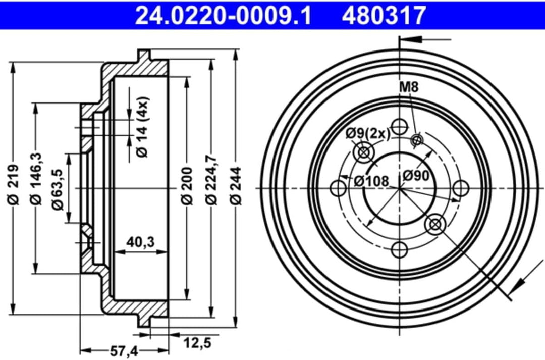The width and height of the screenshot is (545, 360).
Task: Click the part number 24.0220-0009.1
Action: point(223,15)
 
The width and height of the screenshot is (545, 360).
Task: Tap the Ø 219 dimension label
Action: point(14,185)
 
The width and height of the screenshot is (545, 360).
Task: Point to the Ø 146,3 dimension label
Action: point(36,180)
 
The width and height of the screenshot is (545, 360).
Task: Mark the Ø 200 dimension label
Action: point(187,185)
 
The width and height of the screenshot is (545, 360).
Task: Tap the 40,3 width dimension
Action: point(141,242)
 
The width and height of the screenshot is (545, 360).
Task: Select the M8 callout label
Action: point(409,87)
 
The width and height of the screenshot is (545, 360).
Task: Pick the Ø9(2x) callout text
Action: point(368,133)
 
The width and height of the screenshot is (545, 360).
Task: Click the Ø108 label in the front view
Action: point(371,180)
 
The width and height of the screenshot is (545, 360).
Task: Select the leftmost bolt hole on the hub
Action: point(338,188)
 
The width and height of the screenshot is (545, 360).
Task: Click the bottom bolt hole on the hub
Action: point(400,249)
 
